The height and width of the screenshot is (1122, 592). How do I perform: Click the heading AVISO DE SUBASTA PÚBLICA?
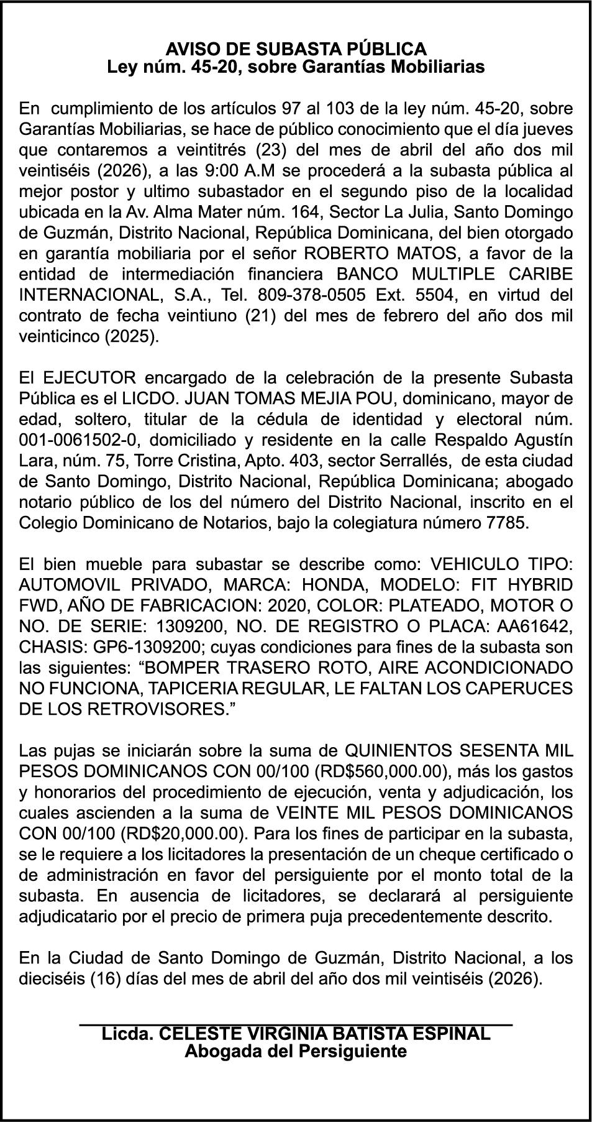296,48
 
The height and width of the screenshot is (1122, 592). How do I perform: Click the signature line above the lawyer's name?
296,1023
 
